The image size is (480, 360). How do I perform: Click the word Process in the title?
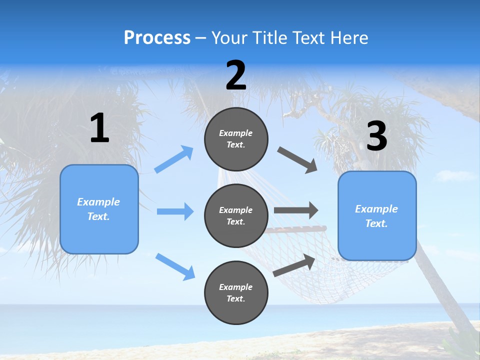click(157, 38)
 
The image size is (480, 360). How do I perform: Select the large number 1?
click(99, 128)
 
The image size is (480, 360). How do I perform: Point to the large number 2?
click(236, 76)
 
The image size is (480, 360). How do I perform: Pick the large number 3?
click(376, 136)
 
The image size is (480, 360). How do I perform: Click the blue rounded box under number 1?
click(99, 209)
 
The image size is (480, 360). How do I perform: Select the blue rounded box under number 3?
click(377, 216)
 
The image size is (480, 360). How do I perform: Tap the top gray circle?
click(236, 139)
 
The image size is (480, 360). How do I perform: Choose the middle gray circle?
click(236, 215)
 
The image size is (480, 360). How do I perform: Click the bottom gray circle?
click(236, 292)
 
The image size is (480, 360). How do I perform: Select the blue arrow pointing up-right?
click(174, 159)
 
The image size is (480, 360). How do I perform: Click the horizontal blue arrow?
click(175, 211)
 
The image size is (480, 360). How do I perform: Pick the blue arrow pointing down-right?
click(175, 266)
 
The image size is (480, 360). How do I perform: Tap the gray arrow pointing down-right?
click(297, 160)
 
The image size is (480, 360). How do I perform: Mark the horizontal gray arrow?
click(296, 210)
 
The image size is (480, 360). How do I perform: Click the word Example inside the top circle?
click(236, 133)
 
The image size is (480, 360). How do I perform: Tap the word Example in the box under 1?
click(98, 202)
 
